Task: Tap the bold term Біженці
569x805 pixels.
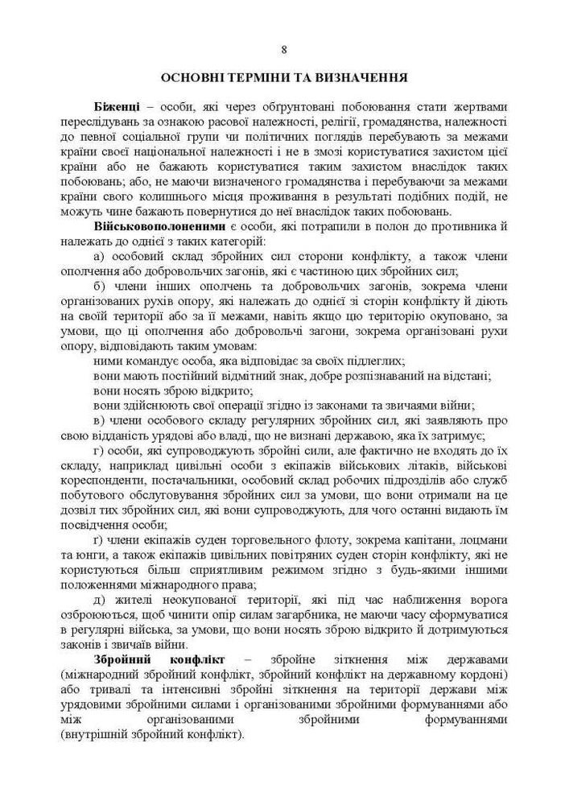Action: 118,107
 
